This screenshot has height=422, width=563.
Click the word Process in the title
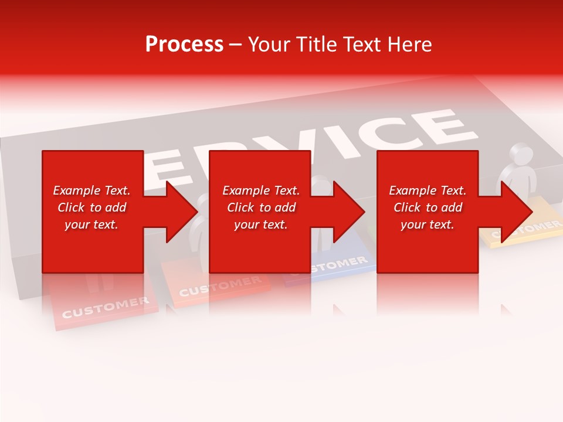[184, 45]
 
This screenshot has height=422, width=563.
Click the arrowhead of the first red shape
[181, 212]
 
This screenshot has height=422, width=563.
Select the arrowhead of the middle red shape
[348, 212]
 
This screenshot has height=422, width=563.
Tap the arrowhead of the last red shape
[517, 212]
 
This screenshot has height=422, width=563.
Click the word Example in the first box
[77, 190]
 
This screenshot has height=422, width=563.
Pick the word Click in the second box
[240, 207]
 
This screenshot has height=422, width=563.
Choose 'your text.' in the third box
[427, 224]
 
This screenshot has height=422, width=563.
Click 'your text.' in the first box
[91, 224]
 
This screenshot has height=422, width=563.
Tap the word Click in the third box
[407, 207]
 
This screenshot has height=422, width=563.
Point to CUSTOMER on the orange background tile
[219, 286]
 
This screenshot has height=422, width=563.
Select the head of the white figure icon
[521, 155]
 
